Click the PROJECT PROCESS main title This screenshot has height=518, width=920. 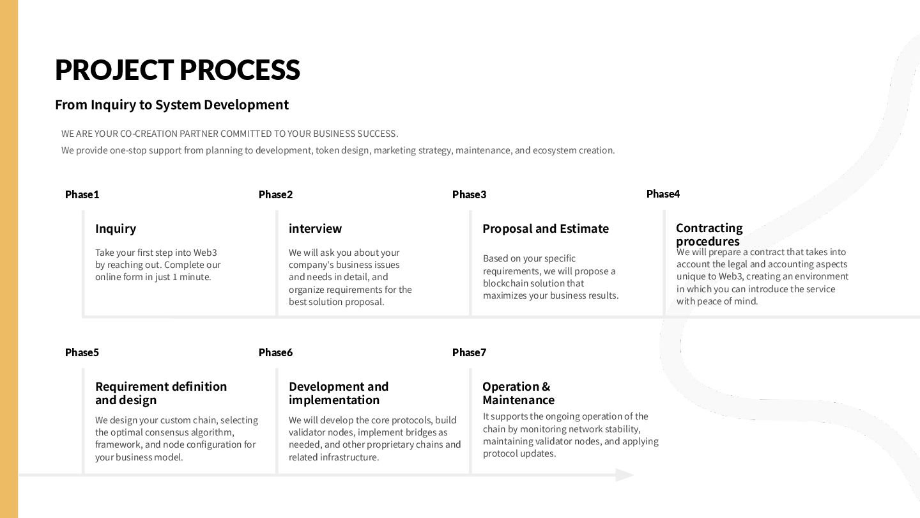(x=177, y=70)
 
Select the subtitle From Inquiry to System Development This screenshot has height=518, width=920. (x=172, y=104)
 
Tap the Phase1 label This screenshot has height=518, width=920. (x=82, y=194)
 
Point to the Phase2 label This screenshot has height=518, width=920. (x=275, y=194)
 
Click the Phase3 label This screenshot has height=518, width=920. (x=469, y=194)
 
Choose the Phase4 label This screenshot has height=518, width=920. (x=663, y=194)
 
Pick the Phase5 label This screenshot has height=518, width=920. (x=82, y=352)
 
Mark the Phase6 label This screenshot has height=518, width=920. (x=275, y=352)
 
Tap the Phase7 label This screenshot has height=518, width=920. (x=469, y=352)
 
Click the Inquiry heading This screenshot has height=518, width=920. (x=116, y=228)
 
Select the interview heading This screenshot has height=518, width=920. (x=315, y=228)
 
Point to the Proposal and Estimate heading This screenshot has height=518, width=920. (x=546, y=228)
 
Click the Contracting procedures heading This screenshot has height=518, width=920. (x=709, y=234)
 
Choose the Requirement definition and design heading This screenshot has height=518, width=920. (x=161, y=393)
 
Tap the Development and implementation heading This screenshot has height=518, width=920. (x=339, y=393)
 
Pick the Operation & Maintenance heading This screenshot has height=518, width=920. (x=518, y=393)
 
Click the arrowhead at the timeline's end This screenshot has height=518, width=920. (x=624, y=475)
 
